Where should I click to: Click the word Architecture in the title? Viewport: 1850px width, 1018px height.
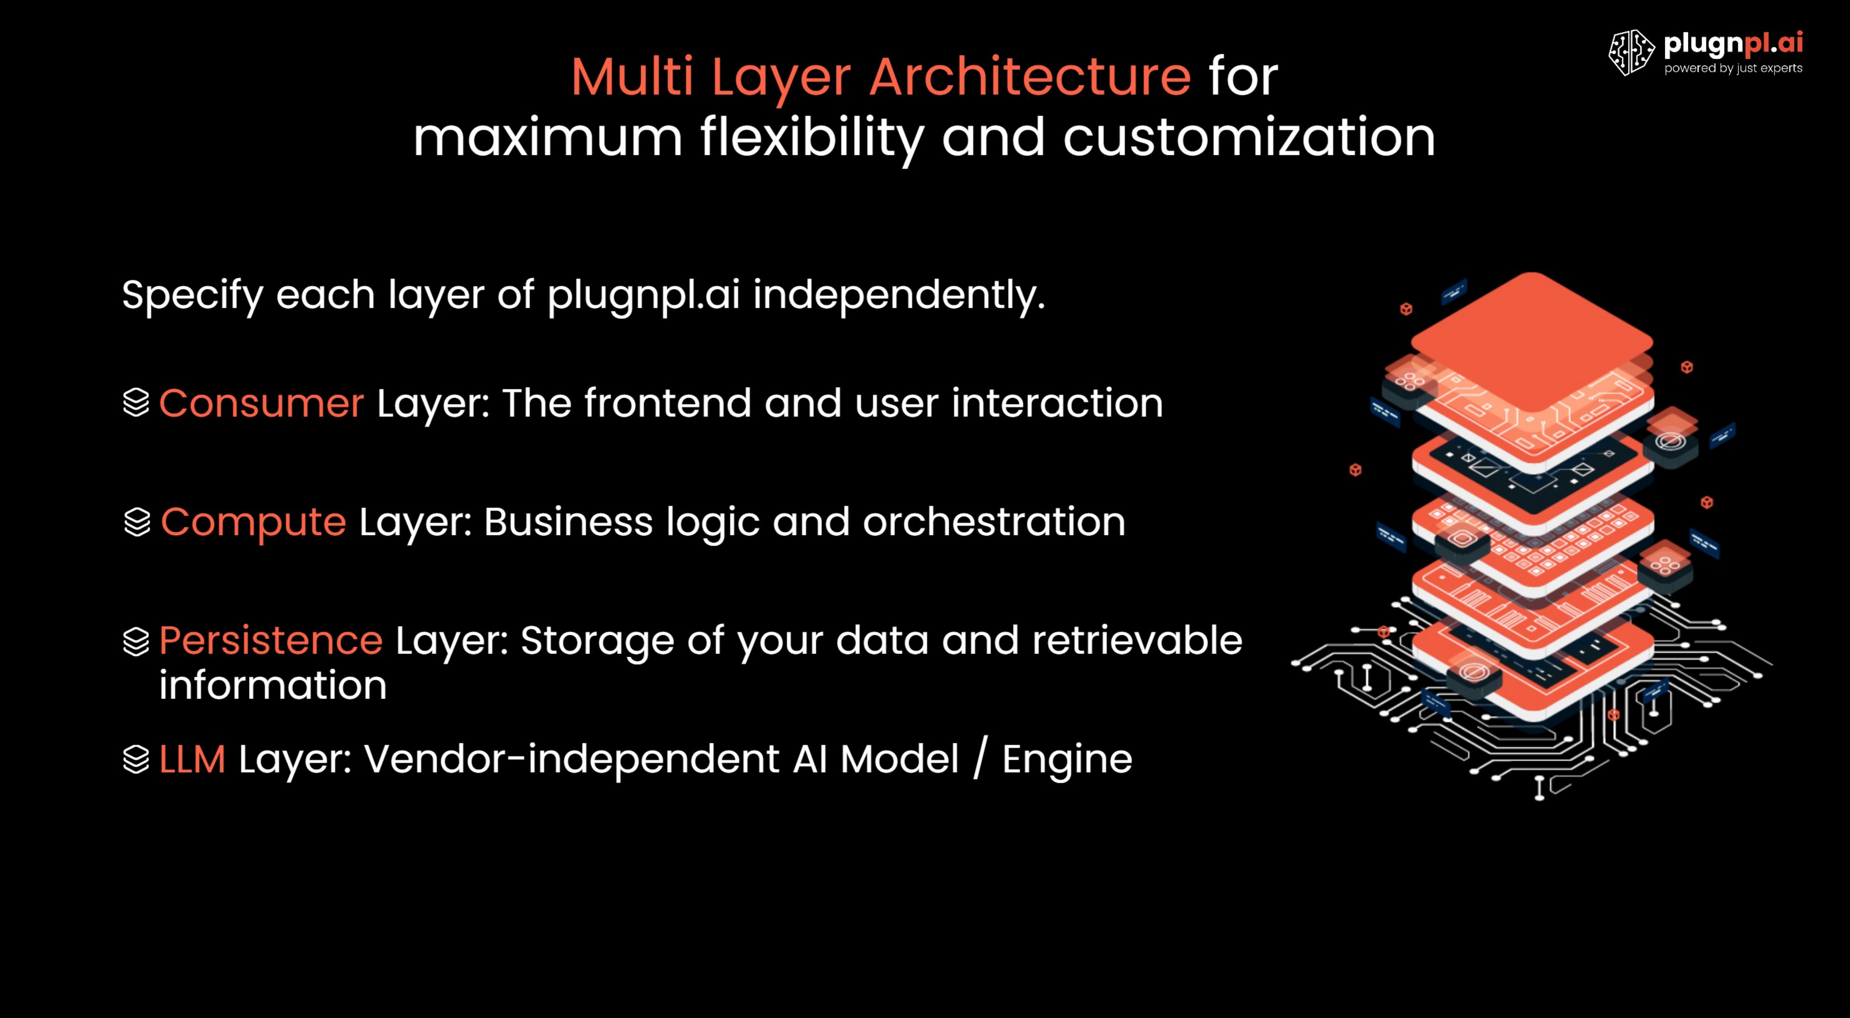(1030, 77)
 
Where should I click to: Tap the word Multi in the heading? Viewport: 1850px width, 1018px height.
(632, 77)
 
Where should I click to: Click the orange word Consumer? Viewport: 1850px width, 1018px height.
(261, 403)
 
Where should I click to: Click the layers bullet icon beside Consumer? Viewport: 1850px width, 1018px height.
(136, 403)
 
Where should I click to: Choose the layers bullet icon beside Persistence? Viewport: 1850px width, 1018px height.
(136, 642)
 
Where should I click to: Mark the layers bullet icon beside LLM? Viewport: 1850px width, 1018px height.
(136, 759)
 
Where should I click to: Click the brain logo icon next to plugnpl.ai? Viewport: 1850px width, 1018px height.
(1631, 52)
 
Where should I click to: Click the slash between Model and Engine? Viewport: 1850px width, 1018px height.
(980, 759)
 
